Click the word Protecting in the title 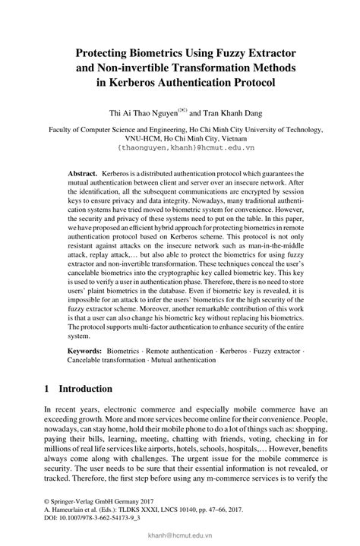[x=106, y=52]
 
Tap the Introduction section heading [x=86, y=389]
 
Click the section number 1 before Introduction [x=47, y=389]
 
